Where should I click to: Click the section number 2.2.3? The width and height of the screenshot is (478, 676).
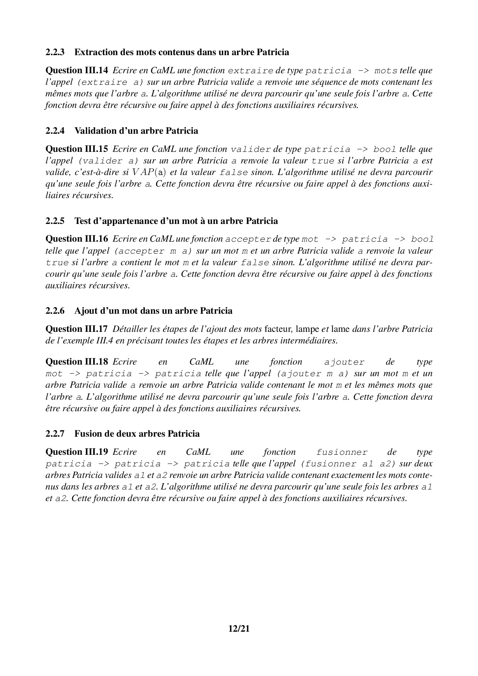point(55,52)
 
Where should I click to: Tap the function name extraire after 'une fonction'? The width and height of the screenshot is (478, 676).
point(251,71)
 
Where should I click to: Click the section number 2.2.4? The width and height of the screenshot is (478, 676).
point(55,131)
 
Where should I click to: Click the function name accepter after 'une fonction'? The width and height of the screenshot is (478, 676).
point(248,240)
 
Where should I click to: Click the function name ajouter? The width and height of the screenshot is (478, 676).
point(344,362)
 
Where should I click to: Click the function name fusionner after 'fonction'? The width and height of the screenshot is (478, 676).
point(342,452)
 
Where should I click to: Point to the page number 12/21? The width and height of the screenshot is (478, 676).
point(239,629)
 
